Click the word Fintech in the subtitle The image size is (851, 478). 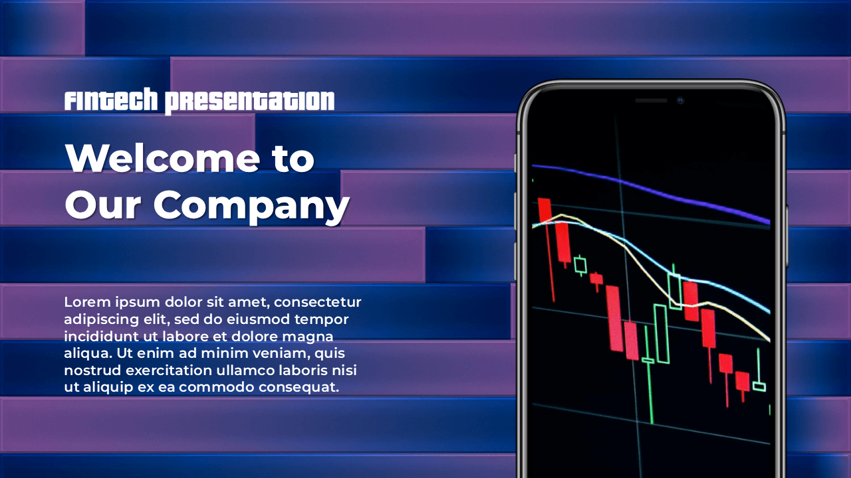pyautogui.click(x=111, y=100)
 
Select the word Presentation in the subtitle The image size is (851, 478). pyautogui.click(x=249, y=102)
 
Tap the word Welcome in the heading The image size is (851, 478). pyautogui.click(x=163, y=158)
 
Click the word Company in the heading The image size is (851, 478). pyautogui.click(x=251, y=206)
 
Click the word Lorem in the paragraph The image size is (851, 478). pyautogui.click(x=87, y=302)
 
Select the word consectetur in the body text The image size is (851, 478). pyautogui.click(x=317, y=302)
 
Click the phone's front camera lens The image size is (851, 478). pyautogui.click(x=680, y=100)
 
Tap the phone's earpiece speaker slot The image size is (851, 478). pyautogui.click(x=651, y=100)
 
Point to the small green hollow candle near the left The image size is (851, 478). pyautogui.click(x=580, y=265)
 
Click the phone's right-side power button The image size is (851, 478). pyautogui.click(x=787, y=235)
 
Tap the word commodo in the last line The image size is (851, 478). pyautogui.click(x=217, y=387)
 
